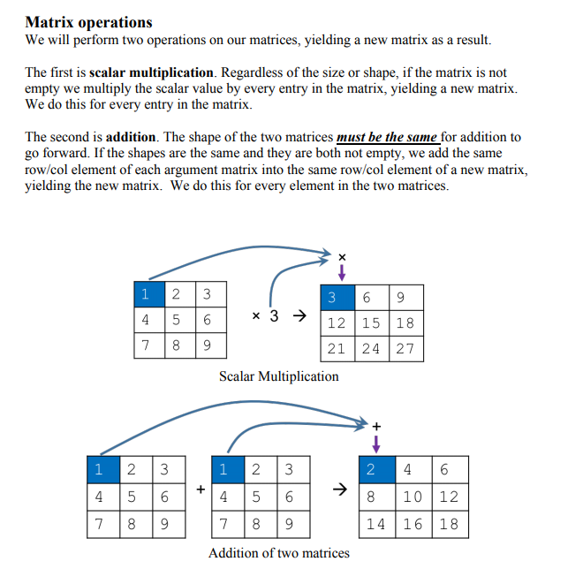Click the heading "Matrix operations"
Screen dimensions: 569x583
point(88,23)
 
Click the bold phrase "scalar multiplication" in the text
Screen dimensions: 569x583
point(151,72)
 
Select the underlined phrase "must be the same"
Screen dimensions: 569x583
point(387,137)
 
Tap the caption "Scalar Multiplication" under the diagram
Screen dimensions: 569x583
point(278,376)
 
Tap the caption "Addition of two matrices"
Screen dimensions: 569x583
point(278,553)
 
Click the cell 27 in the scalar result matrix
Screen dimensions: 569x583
point(405,348)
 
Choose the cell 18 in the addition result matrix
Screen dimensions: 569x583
point(449,523)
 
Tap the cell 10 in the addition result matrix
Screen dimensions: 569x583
point(413,497)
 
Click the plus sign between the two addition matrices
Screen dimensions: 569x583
point(201,488)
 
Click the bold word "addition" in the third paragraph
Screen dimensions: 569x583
point(131,137)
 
